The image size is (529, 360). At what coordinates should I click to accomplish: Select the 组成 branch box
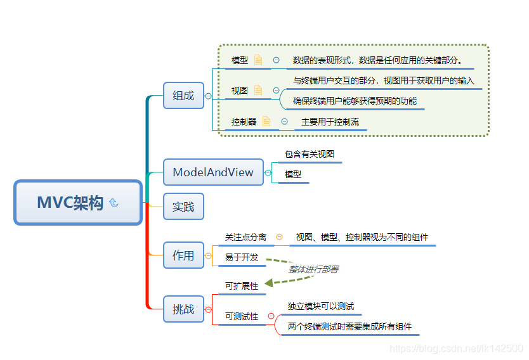(x=183, y=96)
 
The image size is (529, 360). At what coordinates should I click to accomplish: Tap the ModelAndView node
(x=212, y=172)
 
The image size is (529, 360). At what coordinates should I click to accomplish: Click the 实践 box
(x=183, y=207)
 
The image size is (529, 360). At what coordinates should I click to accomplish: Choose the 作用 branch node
(x=183, y=255)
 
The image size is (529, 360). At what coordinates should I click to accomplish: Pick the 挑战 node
(x=183, y=309)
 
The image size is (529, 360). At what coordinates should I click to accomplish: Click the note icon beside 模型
(x=258, y=60)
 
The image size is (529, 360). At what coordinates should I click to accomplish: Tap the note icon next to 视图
(x=258, y=90)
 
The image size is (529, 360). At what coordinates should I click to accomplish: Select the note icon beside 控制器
(x=266, y=121)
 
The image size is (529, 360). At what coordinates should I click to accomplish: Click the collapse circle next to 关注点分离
(x=280, y=237)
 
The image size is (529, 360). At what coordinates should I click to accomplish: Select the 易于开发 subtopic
(x=242, y=257)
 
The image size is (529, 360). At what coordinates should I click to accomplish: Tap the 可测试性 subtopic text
(x=242, y=316)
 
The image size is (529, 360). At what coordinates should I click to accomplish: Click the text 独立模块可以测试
(x=320, y=306)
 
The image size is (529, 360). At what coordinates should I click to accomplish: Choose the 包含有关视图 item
(x=309, y=154)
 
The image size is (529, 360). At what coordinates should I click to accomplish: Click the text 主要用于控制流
(x=330, y=121)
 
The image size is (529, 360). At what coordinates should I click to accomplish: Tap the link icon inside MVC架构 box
(x=114, y=203)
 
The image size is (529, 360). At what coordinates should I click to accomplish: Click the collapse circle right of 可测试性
(x=271, y=316)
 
